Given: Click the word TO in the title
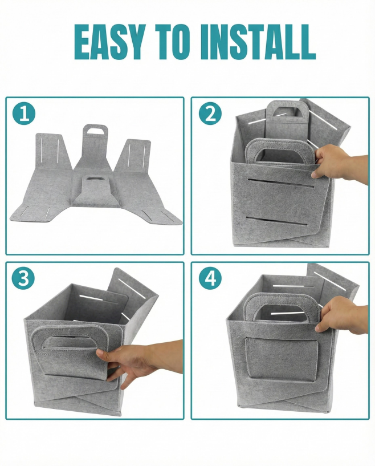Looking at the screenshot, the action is pos(172,42).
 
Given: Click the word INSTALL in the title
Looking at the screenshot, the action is pos(258,42).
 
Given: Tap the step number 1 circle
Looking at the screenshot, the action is pos(24,114).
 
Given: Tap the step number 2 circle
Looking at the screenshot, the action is pos(210,114).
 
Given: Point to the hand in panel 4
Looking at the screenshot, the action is pos(341,315).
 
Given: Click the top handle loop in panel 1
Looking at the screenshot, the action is pos(95,131).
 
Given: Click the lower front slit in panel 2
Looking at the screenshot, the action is pos(277,221).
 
